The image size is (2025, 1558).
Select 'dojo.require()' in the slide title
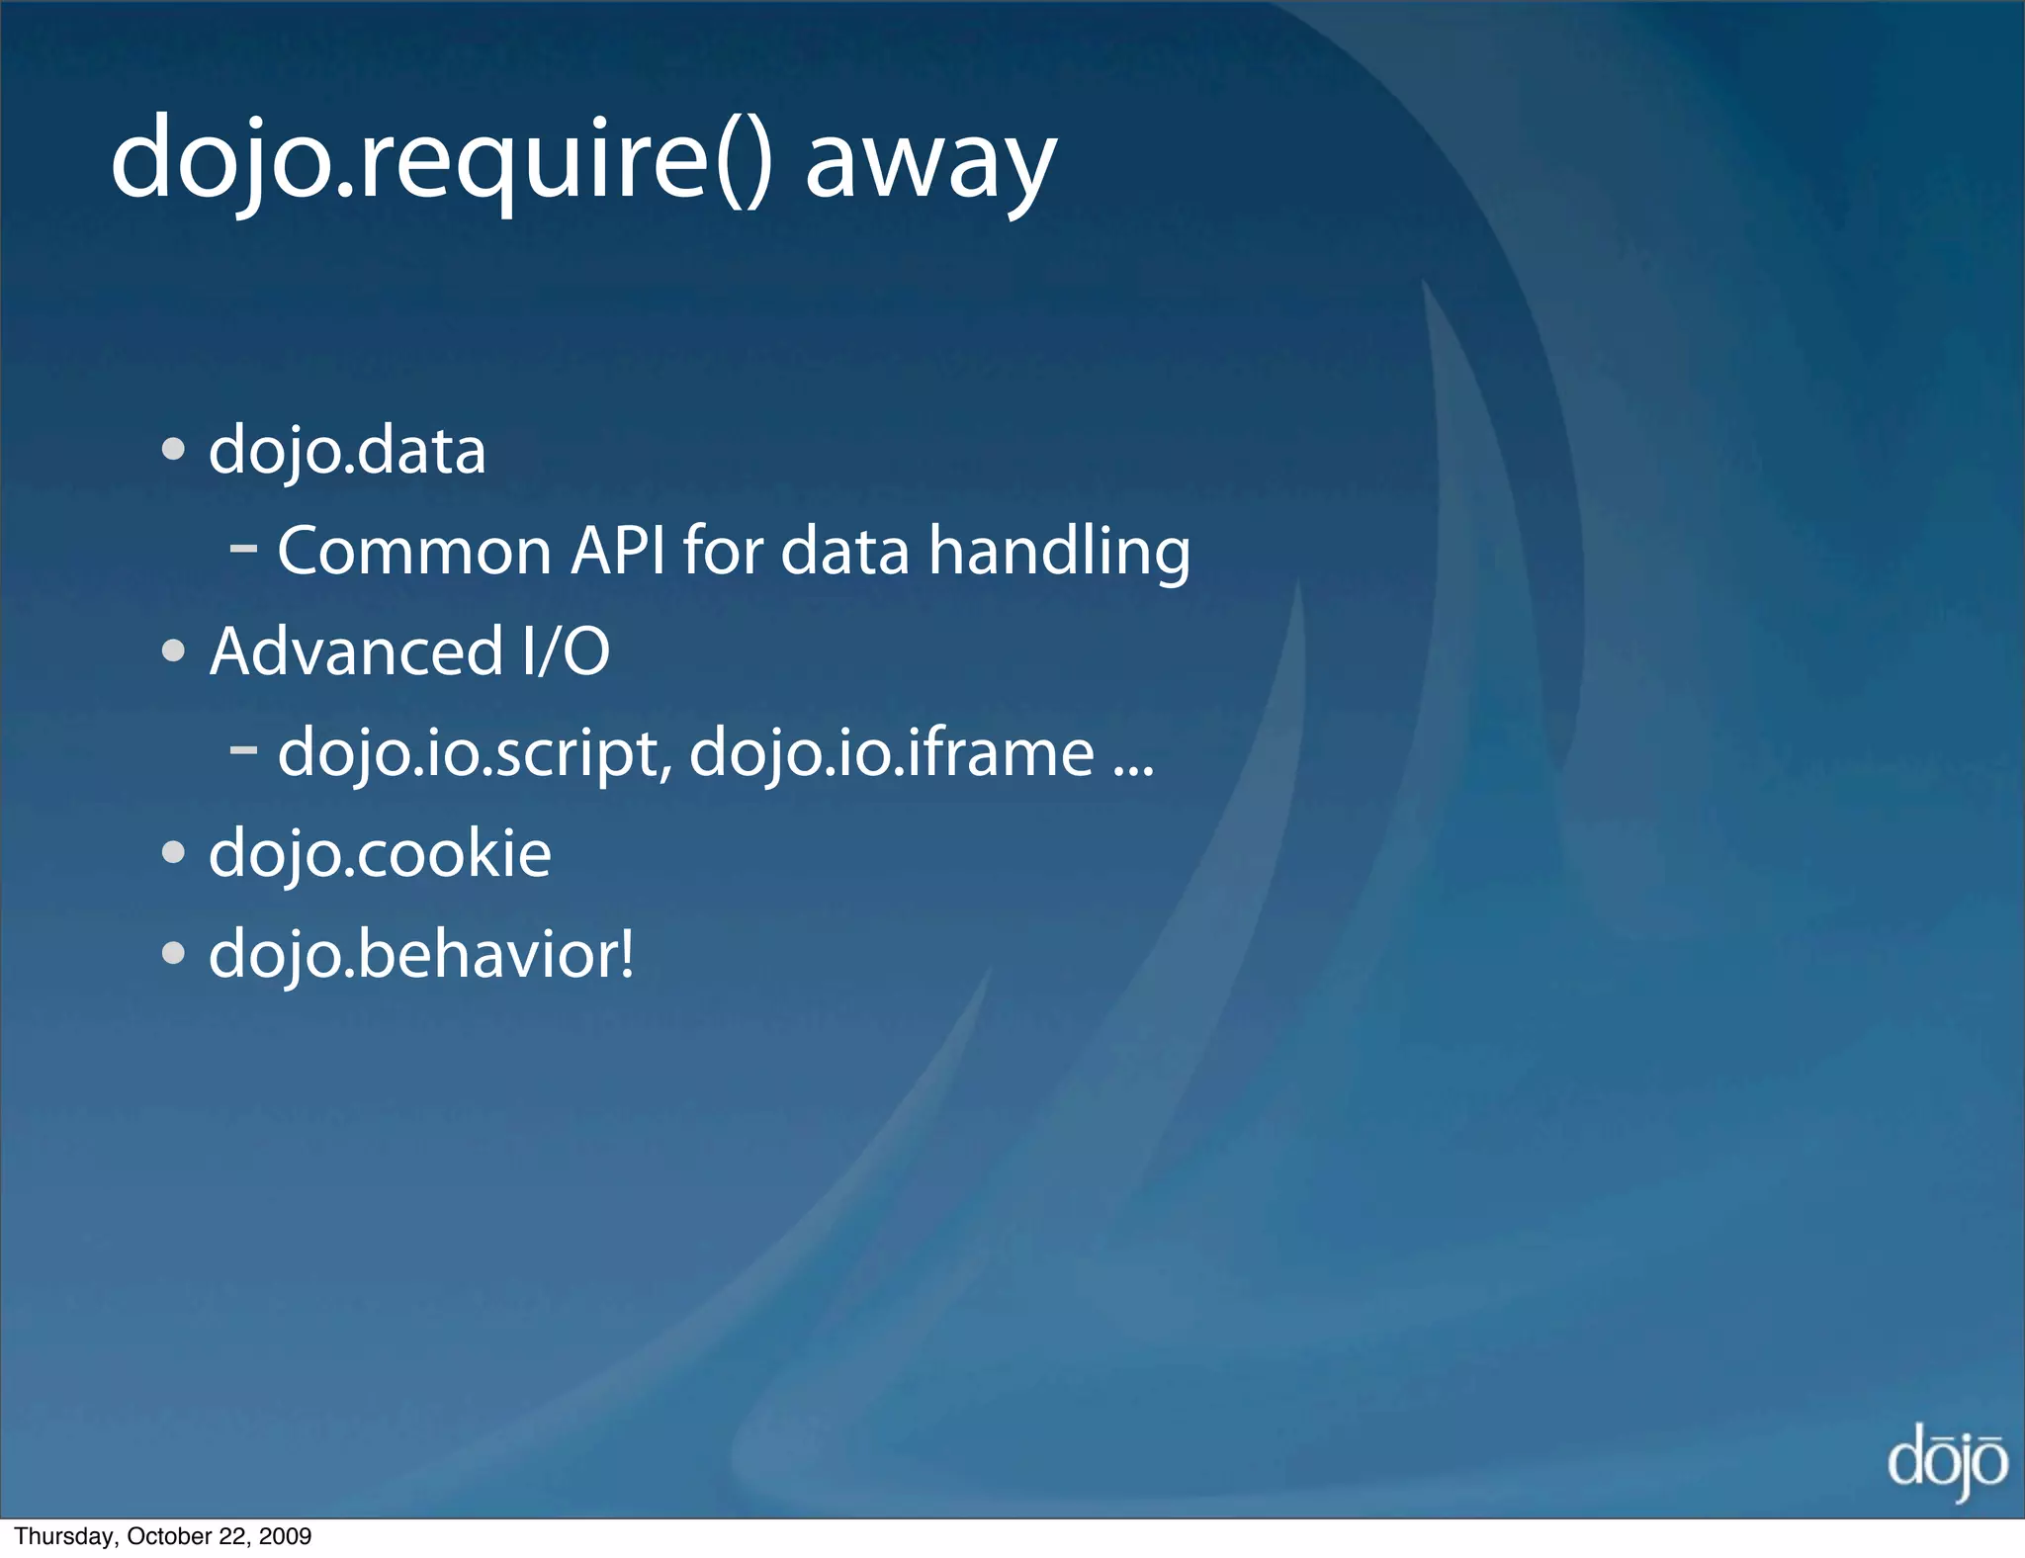coord(441,158)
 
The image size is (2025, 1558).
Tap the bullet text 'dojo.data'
coord(347,451)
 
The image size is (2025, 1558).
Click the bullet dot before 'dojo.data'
coord(174,450)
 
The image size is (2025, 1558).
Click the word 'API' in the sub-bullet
coord(618,551)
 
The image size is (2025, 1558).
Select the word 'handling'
coord(1059,553)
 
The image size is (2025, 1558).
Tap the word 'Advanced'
coord(357,651)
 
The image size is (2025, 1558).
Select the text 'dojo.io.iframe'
coord(891,753)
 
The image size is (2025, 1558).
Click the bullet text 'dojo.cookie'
coord(380,853)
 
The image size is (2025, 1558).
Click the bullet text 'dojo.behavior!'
coord(421,955)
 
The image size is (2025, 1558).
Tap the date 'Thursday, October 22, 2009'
coord(163,1536)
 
